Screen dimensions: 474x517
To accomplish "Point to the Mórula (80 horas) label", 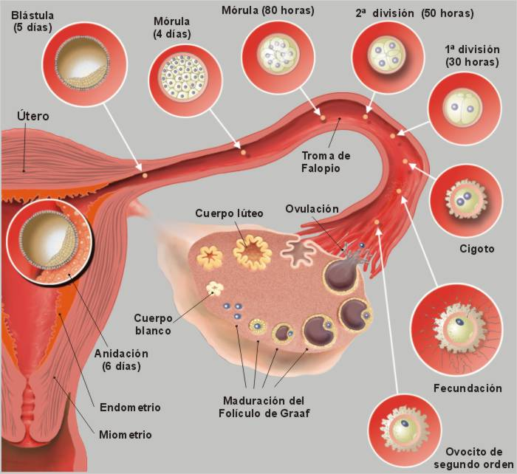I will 267,10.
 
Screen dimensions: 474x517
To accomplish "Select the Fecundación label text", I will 467,388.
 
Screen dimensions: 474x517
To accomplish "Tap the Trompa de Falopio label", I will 326,162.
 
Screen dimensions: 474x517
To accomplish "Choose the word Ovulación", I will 312,209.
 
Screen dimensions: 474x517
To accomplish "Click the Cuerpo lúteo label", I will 229,213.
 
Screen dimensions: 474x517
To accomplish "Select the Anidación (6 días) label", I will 121,359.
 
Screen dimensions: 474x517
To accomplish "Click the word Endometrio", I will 129,407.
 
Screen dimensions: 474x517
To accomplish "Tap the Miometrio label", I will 126,435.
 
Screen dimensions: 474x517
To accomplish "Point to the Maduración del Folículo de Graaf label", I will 264,407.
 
